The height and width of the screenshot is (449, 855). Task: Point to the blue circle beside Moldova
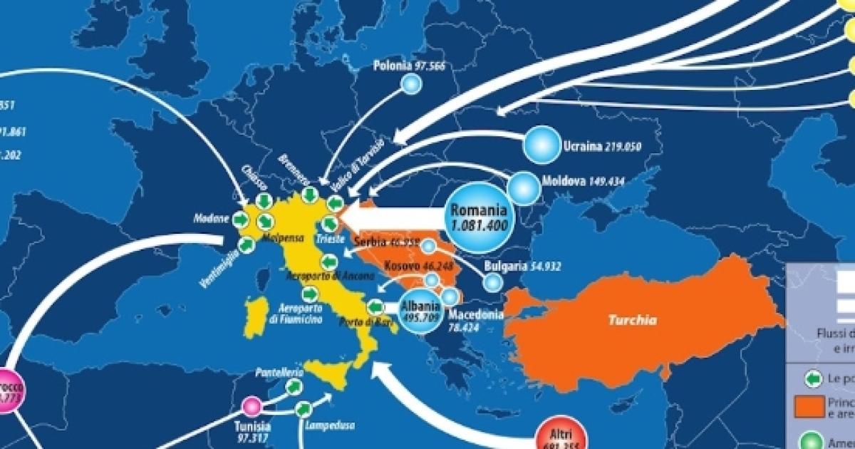coord(524,188)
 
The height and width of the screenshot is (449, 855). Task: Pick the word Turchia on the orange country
coord(632,320)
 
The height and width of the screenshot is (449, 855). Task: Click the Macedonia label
coord(475,314)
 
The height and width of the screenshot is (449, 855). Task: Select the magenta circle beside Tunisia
coord(251,406)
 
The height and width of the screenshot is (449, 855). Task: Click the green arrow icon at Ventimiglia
coord(247,245)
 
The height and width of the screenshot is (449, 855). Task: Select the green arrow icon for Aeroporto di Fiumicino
coord(309,293)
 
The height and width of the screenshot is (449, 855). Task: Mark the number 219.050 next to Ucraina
coord(623,147)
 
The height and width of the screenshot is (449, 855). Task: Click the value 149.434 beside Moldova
coord(603,182)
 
